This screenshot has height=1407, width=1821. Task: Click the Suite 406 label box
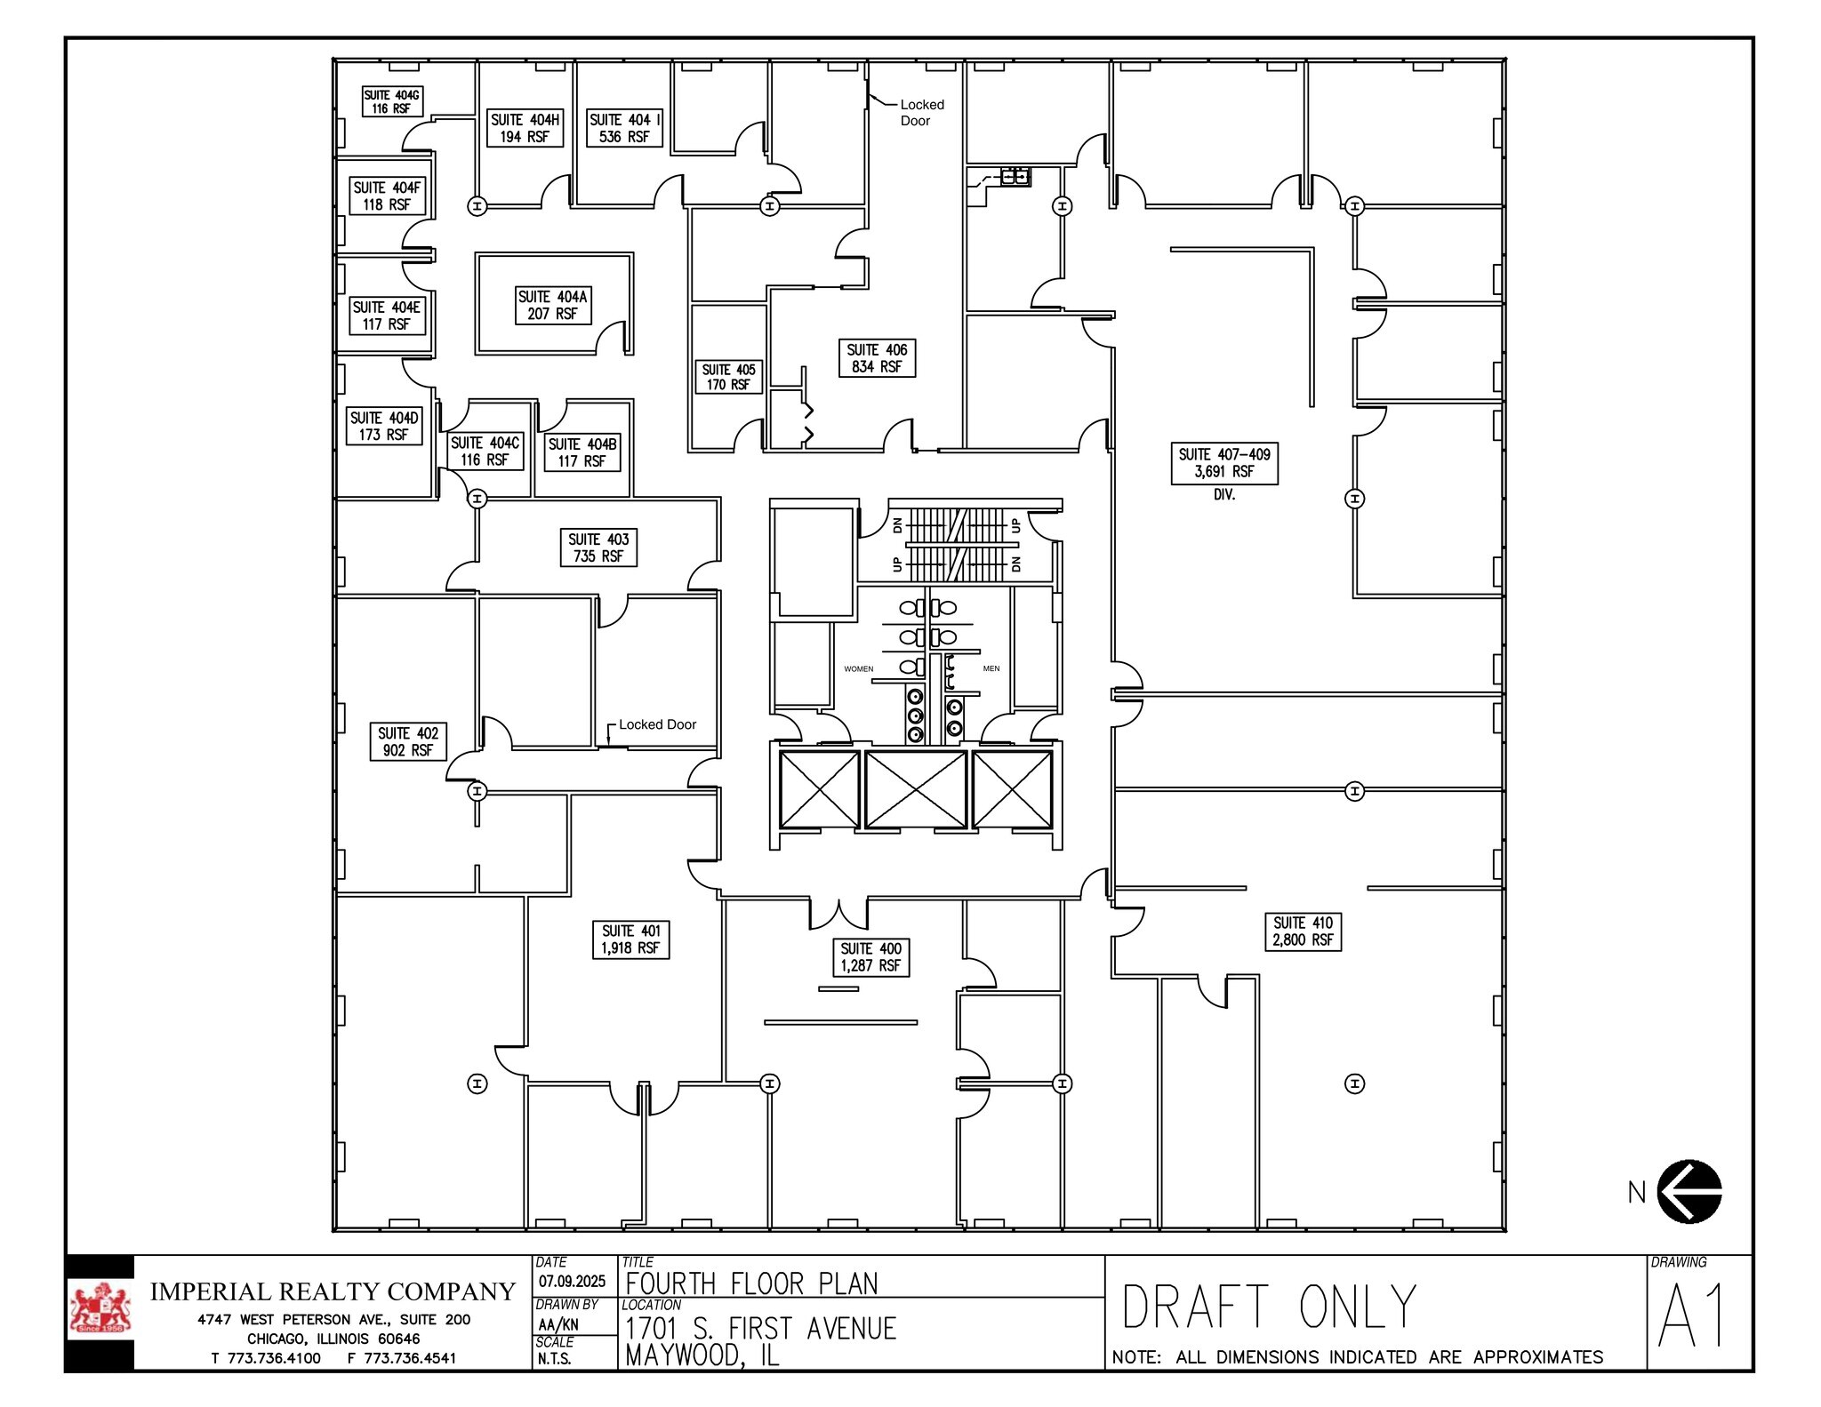pos(877,358)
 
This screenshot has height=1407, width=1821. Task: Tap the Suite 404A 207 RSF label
pos(552,305)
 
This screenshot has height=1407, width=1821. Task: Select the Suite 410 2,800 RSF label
pos(1303,931)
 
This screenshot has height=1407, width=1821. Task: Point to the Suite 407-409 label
pos(1223,463)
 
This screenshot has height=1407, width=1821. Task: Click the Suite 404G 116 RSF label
pos(391,101)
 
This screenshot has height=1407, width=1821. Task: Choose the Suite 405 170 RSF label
pos(728,377)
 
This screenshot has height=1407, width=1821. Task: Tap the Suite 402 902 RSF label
pos(407,741)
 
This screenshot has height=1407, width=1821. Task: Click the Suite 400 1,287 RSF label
pos(870,957)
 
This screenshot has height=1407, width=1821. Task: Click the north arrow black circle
pos(1689,1191)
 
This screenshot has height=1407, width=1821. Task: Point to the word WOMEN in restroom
pos(858,668)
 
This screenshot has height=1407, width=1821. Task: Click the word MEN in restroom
pos(991,668)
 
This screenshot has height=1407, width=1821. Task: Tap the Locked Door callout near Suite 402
pos(657,724)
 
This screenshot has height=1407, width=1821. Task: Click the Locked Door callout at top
pos(920,112)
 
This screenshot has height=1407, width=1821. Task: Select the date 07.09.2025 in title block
pos(572,1281)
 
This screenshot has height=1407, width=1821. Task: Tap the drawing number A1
pos(1691,1315)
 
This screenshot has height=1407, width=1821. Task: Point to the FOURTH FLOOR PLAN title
pos(751,1283)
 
